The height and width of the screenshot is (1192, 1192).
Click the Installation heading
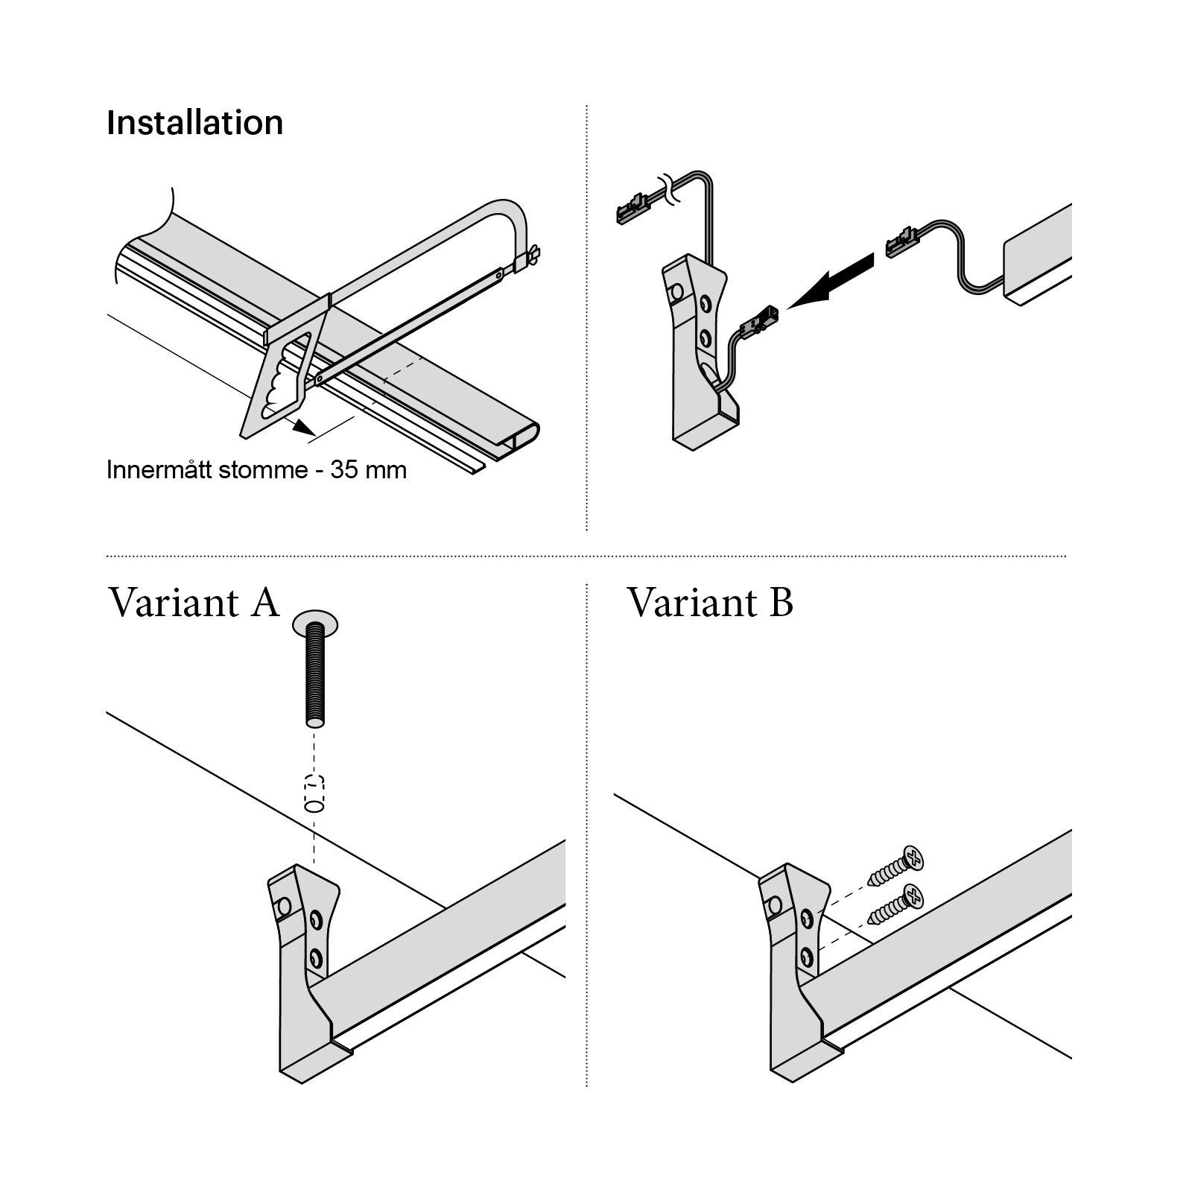tap(194, 123)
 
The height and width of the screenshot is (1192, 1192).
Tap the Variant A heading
tap(194, 602)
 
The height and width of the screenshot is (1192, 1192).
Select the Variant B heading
tap(710, 602)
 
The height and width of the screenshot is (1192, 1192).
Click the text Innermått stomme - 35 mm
tap(256, 470)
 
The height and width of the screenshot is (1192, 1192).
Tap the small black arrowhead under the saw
tap(302, 427)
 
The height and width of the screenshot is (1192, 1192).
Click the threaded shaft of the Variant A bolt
tap(315, 678)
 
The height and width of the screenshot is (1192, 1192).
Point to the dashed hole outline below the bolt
tap(314, 793)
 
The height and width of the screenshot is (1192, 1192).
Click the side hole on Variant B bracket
tap(774, 905)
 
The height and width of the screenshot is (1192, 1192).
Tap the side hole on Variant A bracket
tap(283, 907)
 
